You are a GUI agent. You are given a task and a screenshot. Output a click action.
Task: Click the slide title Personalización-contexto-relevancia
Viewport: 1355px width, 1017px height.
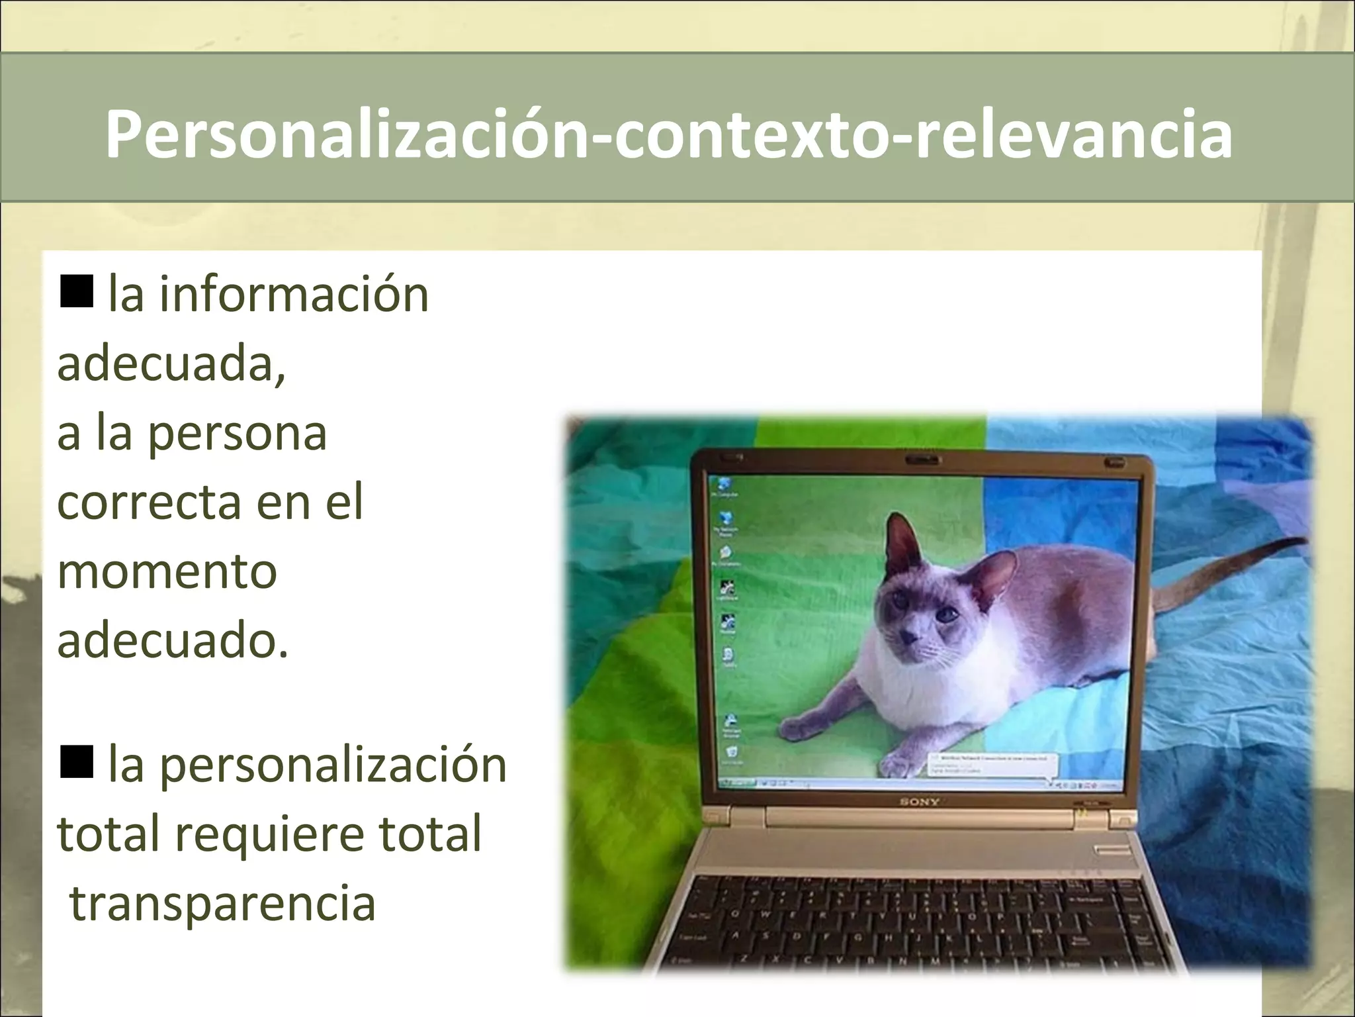pos(668,134)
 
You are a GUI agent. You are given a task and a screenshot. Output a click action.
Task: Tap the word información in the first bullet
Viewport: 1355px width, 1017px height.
pos(294,295)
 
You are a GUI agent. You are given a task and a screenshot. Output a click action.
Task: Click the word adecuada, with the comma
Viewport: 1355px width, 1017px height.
pos(172,365)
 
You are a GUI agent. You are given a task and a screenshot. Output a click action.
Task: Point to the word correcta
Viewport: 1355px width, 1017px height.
pos(150,503)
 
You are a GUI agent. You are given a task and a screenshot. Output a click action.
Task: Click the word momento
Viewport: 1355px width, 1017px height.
pos(167,572)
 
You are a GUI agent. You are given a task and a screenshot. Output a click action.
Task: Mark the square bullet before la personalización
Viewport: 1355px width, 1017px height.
pos(76,762)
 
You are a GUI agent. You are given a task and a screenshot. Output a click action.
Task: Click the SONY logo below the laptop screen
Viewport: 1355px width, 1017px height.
pos(919,802)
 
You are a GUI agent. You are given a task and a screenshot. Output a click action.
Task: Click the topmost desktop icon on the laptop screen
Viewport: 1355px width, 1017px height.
pos(724,484)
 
